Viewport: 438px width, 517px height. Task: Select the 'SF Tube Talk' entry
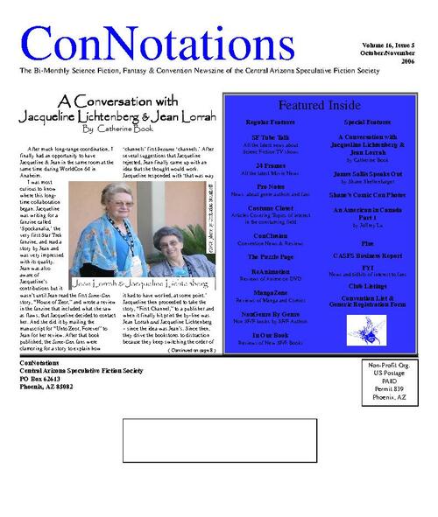click(271, 142)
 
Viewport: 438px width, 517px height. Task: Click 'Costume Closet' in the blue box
click(271, 209)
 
